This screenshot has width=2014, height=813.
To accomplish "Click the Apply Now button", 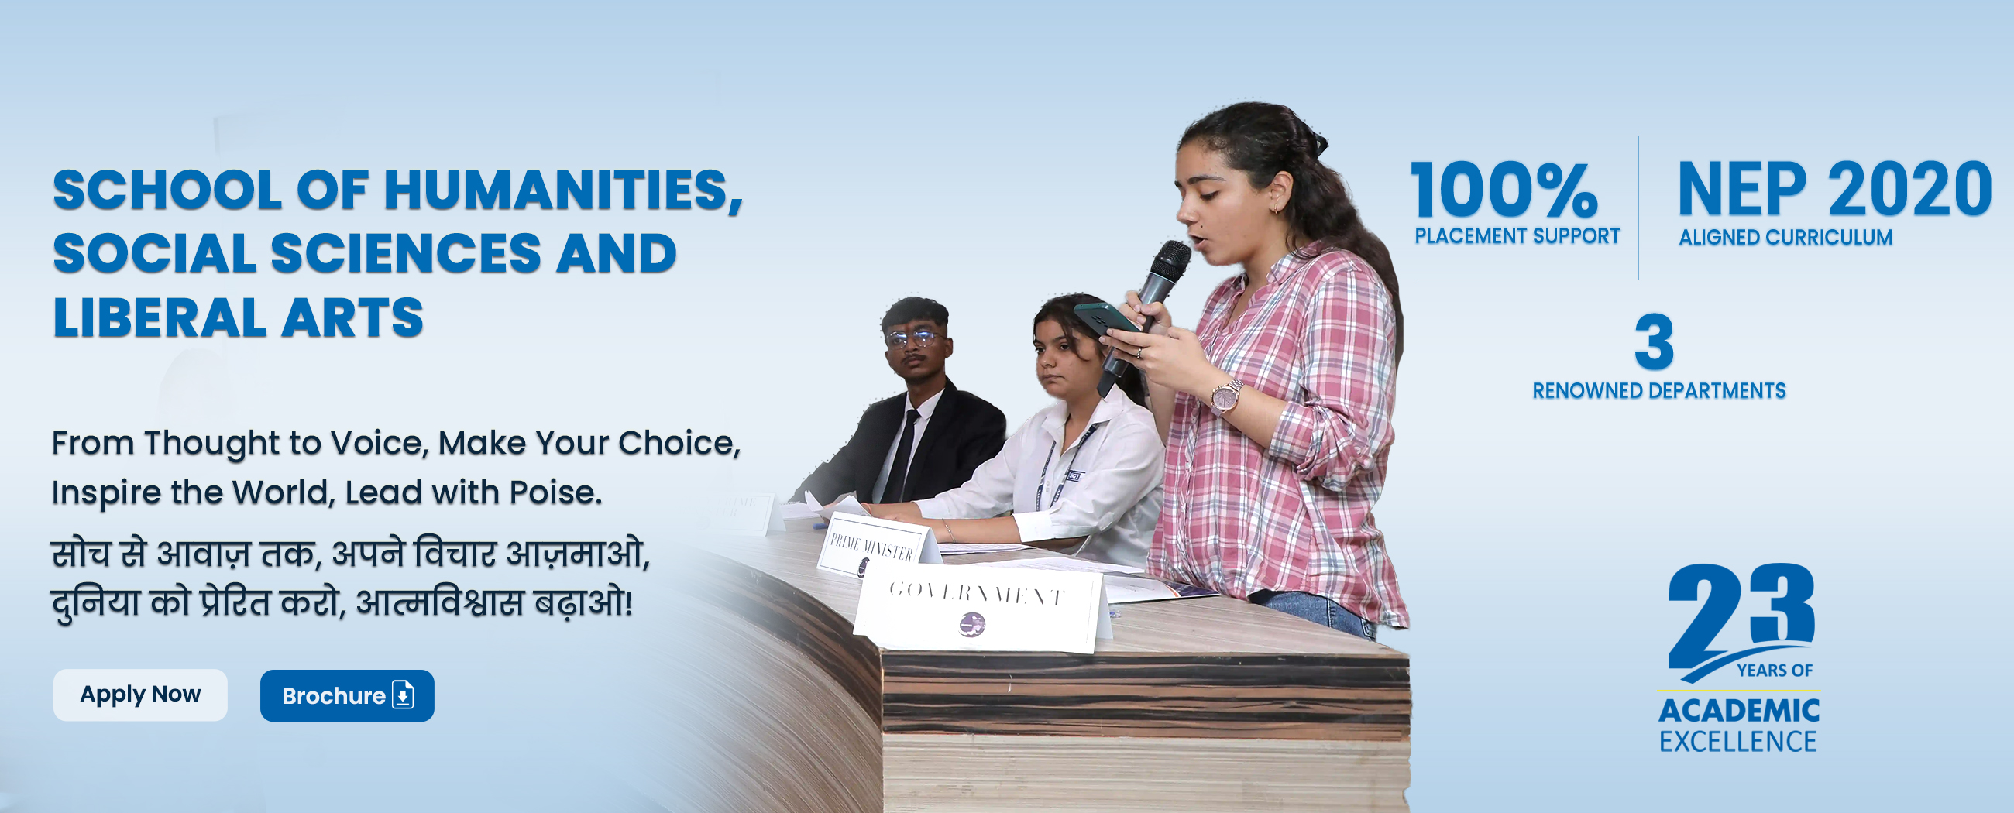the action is click(x=140, y=695).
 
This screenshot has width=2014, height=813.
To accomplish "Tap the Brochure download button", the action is click(x=347, y=695).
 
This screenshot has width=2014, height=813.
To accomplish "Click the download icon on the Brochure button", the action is click(x=403, y=695).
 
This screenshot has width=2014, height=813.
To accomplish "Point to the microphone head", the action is click(x=1168, y=262).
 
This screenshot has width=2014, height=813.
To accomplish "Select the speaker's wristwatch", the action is click(x=1225, y=395).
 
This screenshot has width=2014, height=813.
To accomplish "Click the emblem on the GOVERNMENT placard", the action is click(x=971, y=624).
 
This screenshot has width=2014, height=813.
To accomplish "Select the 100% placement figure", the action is click(x=1505, y=190).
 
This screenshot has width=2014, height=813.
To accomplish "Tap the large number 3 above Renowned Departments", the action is click(x=1655, y=341).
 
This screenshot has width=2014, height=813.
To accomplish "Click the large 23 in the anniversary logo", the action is click(x=1741, y=618).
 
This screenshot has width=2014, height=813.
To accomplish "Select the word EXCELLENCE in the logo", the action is click(x=1738, y=741).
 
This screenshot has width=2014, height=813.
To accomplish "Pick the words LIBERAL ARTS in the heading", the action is click(x=238, y=318).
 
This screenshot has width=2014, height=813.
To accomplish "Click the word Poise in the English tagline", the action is click(x=556, y=492).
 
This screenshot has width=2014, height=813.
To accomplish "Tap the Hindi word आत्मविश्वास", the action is click(x=439, y=602).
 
